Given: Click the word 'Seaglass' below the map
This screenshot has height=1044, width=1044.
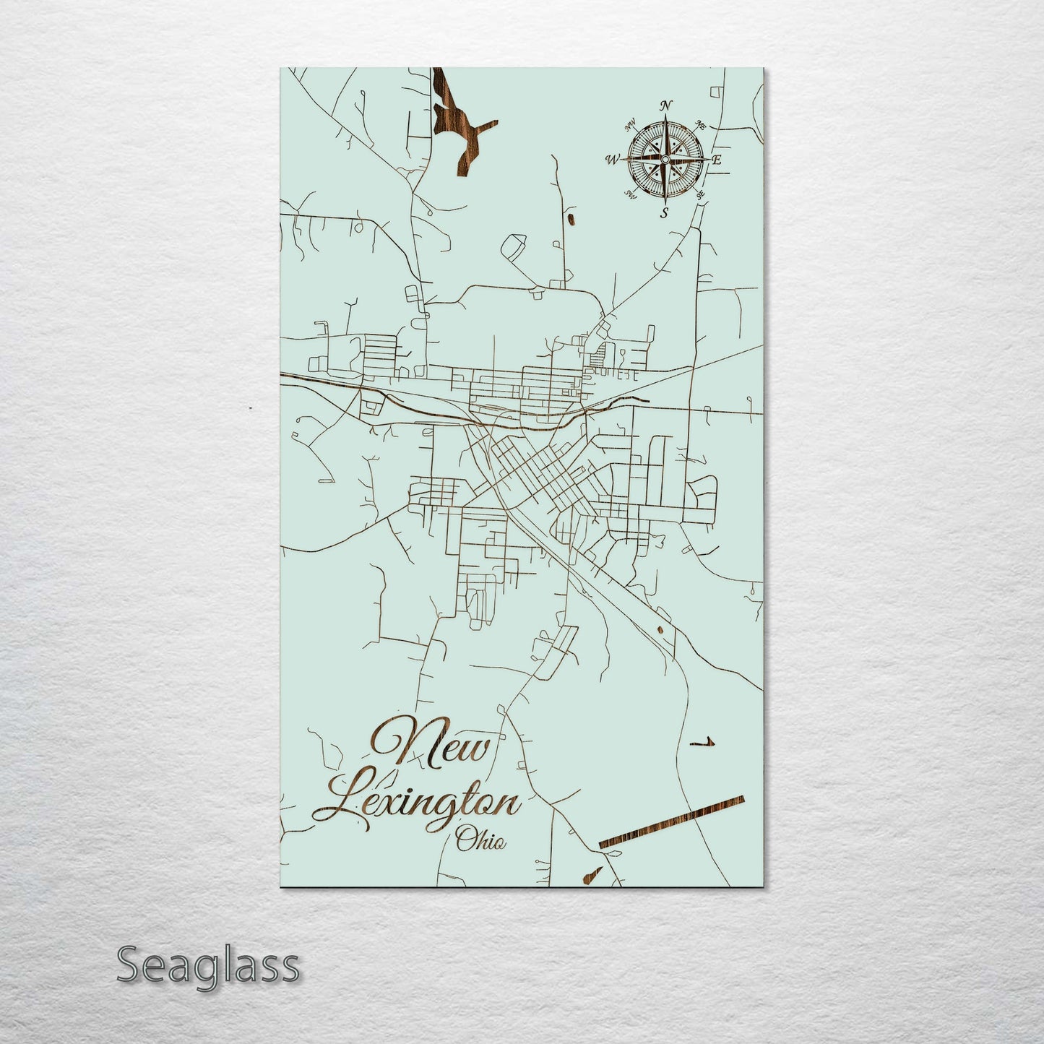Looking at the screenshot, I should [207, 965].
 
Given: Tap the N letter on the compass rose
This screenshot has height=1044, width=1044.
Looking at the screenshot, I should [667, 105].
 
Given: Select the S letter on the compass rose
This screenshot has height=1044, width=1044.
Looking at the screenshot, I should [665, 212].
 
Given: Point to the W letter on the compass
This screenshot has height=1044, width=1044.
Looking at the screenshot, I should [613, 160].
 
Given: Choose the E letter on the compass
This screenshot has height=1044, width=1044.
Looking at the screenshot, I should [717, 160].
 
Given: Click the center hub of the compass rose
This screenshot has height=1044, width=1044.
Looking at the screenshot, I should [665, 158].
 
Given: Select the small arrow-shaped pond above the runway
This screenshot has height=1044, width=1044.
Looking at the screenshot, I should [703, 742].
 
